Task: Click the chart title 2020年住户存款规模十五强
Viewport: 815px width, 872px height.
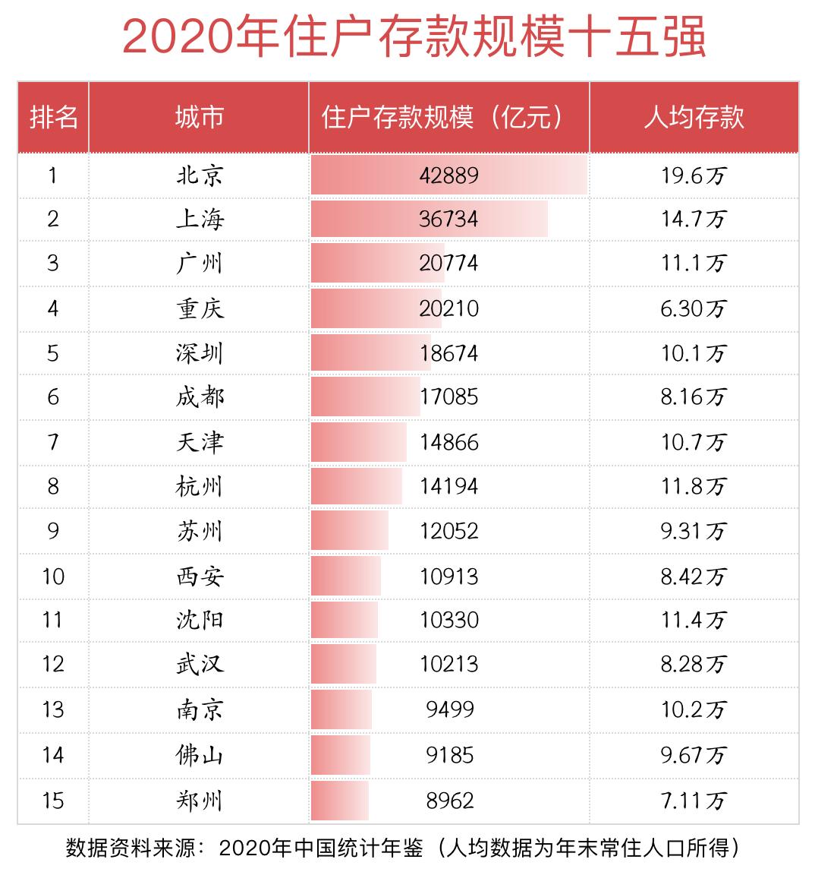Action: tap(414, 38)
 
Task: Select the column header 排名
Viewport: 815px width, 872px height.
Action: tap(53, 118)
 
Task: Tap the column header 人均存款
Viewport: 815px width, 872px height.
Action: tap(694, 118)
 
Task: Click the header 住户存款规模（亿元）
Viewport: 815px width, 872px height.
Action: tap(448, 118)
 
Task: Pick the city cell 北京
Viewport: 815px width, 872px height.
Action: tap(200, 175)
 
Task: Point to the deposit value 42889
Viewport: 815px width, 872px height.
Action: tap(448, 175)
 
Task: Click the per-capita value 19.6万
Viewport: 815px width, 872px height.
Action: tap(694, 175)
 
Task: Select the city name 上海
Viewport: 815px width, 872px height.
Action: tap(200, 220)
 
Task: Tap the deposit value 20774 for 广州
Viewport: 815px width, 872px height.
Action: tap(448, 264)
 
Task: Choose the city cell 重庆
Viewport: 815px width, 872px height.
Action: tap(200, 308)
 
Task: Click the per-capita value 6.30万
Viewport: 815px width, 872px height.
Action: tap(694, 308)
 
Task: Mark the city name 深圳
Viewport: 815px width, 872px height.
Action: tap(200, 353)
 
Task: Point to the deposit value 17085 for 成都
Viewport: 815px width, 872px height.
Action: tap(448, 397)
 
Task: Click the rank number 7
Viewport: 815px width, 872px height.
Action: tap(53, 442)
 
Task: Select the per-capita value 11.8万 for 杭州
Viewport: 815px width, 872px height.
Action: tap(694, 486)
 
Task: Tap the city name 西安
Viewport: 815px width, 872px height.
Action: tap(200, 577)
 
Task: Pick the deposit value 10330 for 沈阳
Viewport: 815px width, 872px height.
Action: tap(448, 620)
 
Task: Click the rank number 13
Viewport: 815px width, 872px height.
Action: tap(53, 709)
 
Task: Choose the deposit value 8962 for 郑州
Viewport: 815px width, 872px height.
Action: tap(448, 801)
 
